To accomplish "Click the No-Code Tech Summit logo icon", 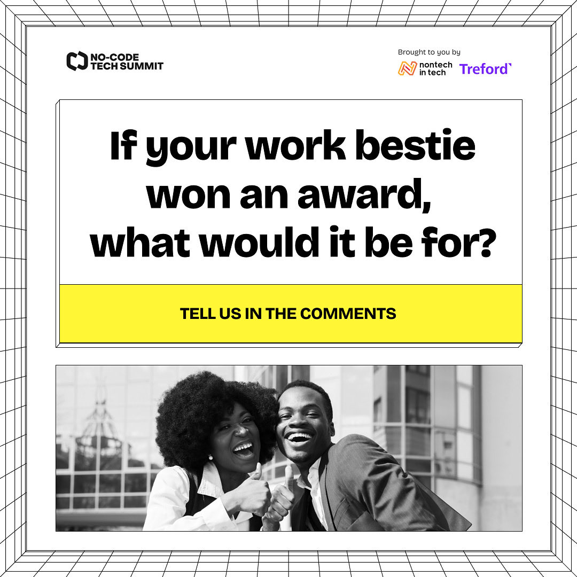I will coord(77,61).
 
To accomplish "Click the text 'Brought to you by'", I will coord(429,52).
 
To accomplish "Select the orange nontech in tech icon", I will coord(407,68).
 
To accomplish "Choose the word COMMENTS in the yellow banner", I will coord(348,314).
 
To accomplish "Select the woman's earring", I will coord(210,457).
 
